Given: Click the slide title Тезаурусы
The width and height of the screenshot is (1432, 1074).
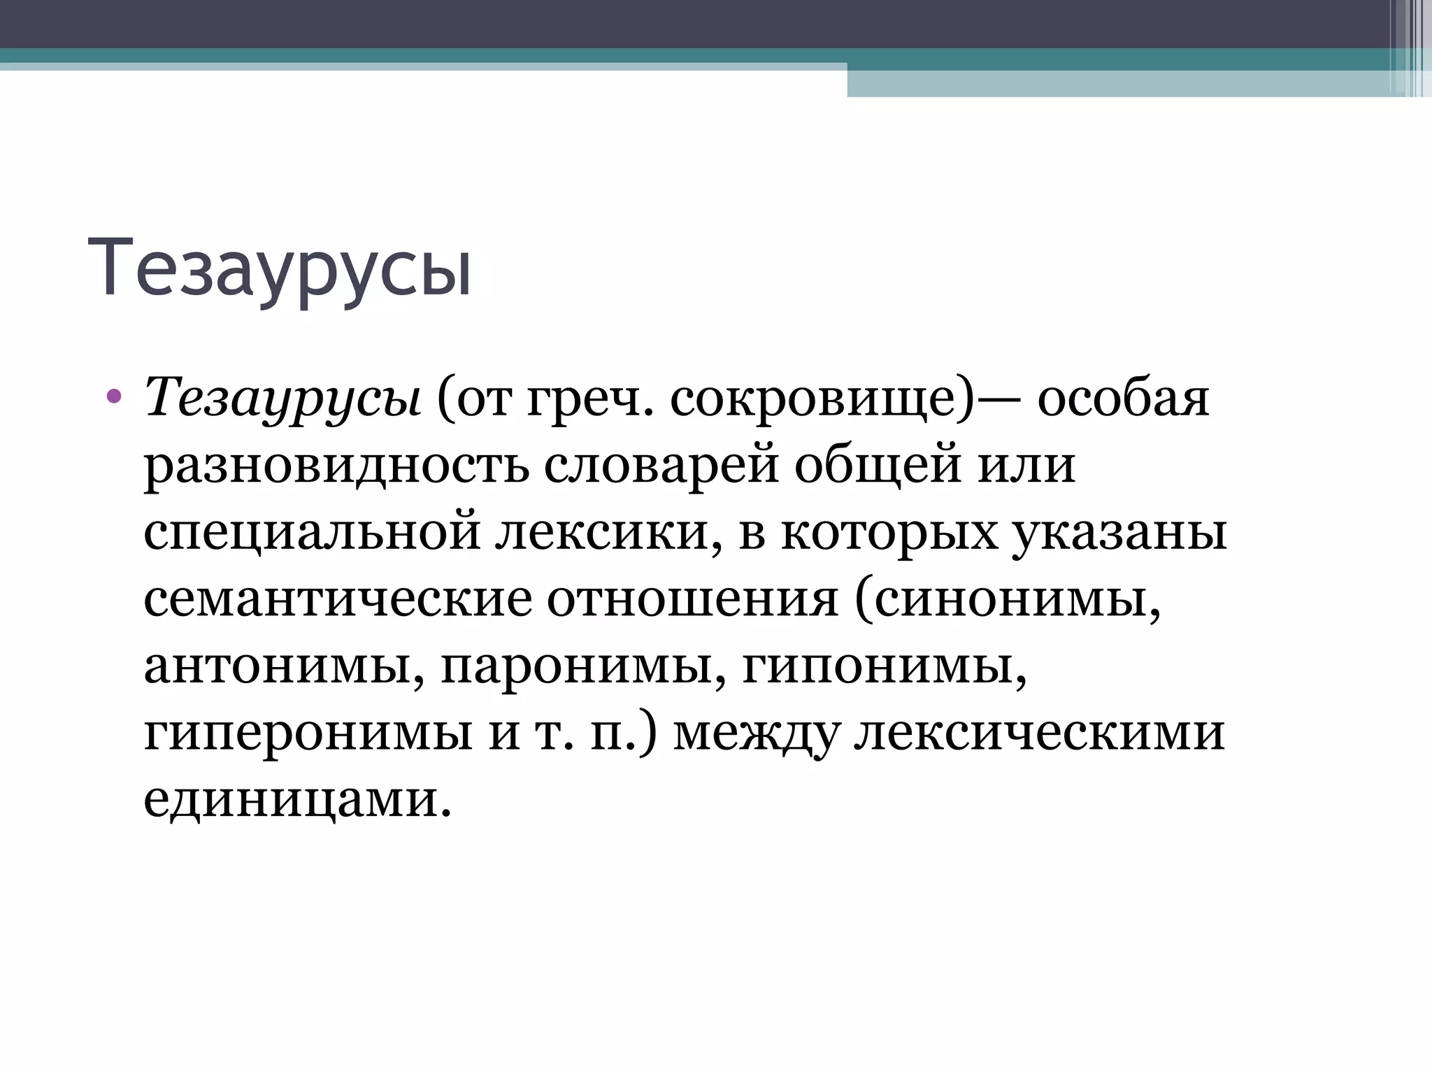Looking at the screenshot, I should coord(280,269).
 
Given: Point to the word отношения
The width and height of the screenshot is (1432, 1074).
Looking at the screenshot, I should coord(692,599).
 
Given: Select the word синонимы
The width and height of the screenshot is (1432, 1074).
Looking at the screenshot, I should coord(1007,599).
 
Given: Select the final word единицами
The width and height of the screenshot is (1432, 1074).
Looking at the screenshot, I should coord(294,799).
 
